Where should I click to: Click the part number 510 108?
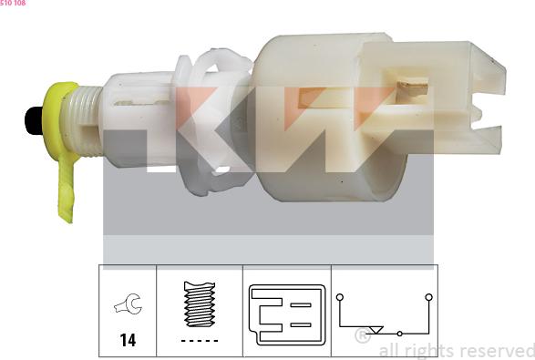point(13,4)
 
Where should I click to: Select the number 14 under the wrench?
point(128,340)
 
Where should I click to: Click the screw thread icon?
point(199,303)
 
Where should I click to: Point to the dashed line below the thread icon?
point(199,341)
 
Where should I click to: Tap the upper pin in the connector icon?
point(304,303)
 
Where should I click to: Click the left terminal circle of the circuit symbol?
point(339,297)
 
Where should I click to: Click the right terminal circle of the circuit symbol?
point(427,297)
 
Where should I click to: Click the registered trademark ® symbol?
point(362,336)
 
